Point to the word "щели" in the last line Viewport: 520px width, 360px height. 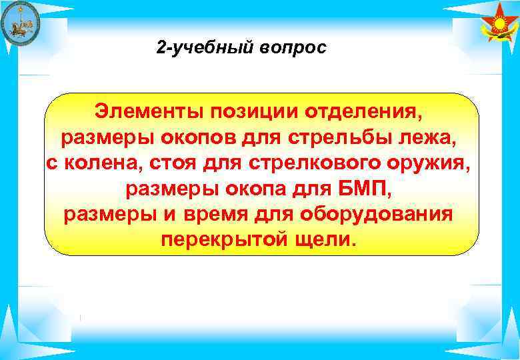323,240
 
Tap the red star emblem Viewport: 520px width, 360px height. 499,25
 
